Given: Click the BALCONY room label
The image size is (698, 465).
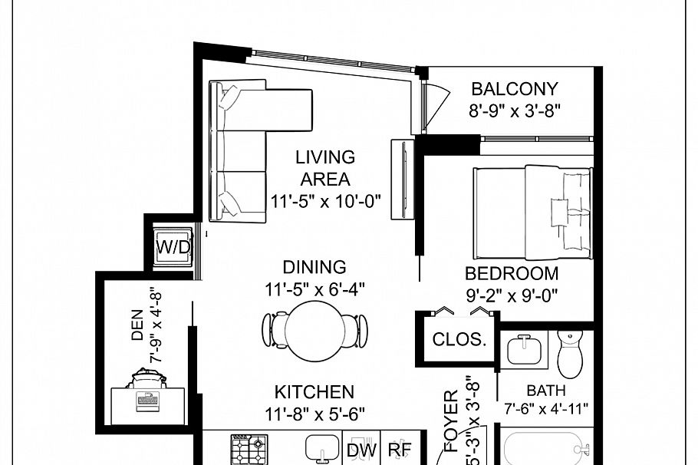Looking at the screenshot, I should (x=514, y=89).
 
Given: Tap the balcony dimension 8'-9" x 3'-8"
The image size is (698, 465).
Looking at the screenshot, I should (x=515, y=110).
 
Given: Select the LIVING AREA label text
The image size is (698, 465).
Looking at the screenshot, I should (x=326, y=168).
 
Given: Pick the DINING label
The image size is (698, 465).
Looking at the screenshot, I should (x=314, y=267).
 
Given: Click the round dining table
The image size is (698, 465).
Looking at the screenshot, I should (x=314, y=329).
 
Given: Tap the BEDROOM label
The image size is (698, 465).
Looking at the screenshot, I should (x=512, y=273).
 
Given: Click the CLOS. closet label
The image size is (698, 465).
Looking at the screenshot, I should (x=459, y=339).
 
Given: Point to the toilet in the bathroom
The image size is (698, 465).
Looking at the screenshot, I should (x=571, y=352).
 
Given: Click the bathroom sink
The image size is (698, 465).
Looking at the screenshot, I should (x=525, y=350).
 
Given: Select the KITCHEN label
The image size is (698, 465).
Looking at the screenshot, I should (x=314, y=392).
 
